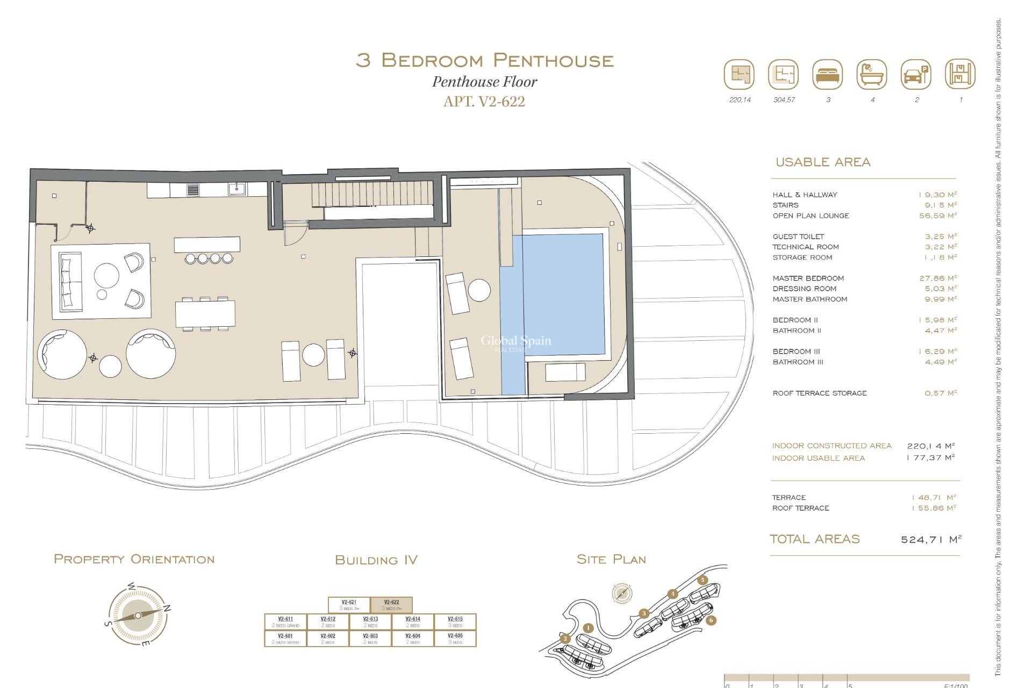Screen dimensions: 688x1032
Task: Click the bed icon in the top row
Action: pos(828,74)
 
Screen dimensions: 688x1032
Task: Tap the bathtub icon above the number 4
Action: pos(872,74)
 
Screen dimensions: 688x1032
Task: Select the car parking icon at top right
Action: pos(916,74)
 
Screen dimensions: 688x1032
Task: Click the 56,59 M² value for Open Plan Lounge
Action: pos(938,216)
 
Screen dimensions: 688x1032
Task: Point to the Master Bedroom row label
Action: pos(808,278)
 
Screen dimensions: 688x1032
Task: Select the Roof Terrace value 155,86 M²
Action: pos(934,508)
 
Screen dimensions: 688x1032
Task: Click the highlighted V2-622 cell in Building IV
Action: pos(391,605)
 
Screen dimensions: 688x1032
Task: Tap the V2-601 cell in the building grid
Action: pos(285,638)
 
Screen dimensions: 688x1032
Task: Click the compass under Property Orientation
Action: pos(138,615)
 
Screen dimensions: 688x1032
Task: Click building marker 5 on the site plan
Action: pos(703,580)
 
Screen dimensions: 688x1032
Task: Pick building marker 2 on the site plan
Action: pos(565,639)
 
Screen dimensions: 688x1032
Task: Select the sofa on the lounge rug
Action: pos(68,282)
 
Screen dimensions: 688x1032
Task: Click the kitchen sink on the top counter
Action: pos(236,189)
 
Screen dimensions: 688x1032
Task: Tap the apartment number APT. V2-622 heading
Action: pos(484,101)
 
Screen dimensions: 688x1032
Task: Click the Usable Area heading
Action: pos(822,162)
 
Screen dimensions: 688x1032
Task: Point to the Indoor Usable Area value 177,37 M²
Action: pos(930,458)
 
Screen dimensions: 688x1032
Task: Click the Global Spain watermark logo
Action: pos(515,342)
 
